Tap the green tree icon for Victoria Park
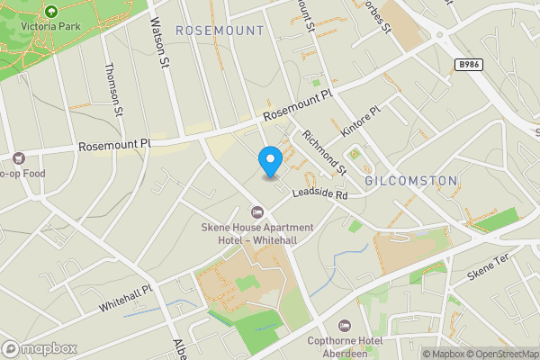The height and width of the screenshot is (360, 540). click(x=50, y=12)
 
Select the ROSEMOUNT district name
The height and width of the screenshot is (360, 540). click(x=220, y=31)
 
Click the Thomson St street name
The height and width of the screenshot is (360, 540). click(x=113, y=89)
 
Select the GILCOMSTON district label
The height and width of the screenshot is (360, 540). click(x=411, y=181)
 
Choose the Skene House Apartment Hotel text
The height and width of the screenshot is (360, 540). click(x=256, y=233)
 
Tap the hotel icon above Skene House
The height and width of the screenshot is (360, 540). click(x=256, y=212)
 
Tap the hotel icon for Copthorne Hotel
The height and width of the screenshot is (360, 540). click(x=343, y=324)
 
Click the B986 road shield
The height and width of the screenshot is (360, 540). click(x=467, y=65)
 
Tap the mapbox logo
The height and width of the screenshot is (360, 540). click(x=40, y=348)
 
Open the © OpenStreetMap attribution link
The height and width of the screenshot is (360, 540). click(x=499, y=354)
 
